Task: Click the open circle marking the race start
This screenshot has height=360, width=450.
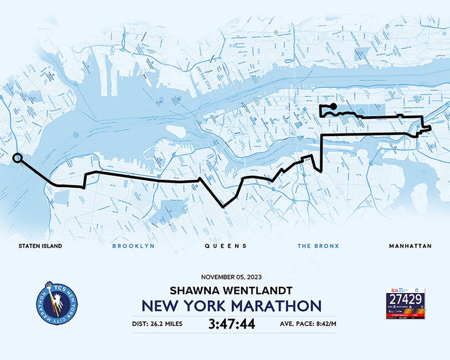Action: tap(17, 158)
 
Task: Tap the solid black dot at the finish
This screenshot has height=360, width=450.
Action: tap(334, 106)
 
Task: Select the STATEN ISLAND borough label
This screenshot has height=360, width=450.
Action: tap(40, 246)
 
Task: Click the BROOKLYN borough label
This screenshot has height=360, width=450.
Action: tap(133, 246)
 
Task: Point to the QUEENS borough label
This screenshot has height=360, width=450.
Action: tap(226, 246)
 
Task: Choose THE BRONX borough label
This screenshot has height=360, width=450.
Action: tap(318, 246)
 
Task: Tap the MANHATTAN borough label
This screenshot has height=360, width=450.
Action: tap(410, 246)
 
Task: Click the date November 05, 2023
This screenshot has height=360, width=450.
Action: tap(233, 277)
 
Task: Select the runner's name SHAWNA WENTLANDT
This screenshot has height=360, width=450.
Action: tap(231, 290)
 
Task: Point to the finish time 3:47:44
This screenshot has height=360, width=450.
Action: tap(231, 324)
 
